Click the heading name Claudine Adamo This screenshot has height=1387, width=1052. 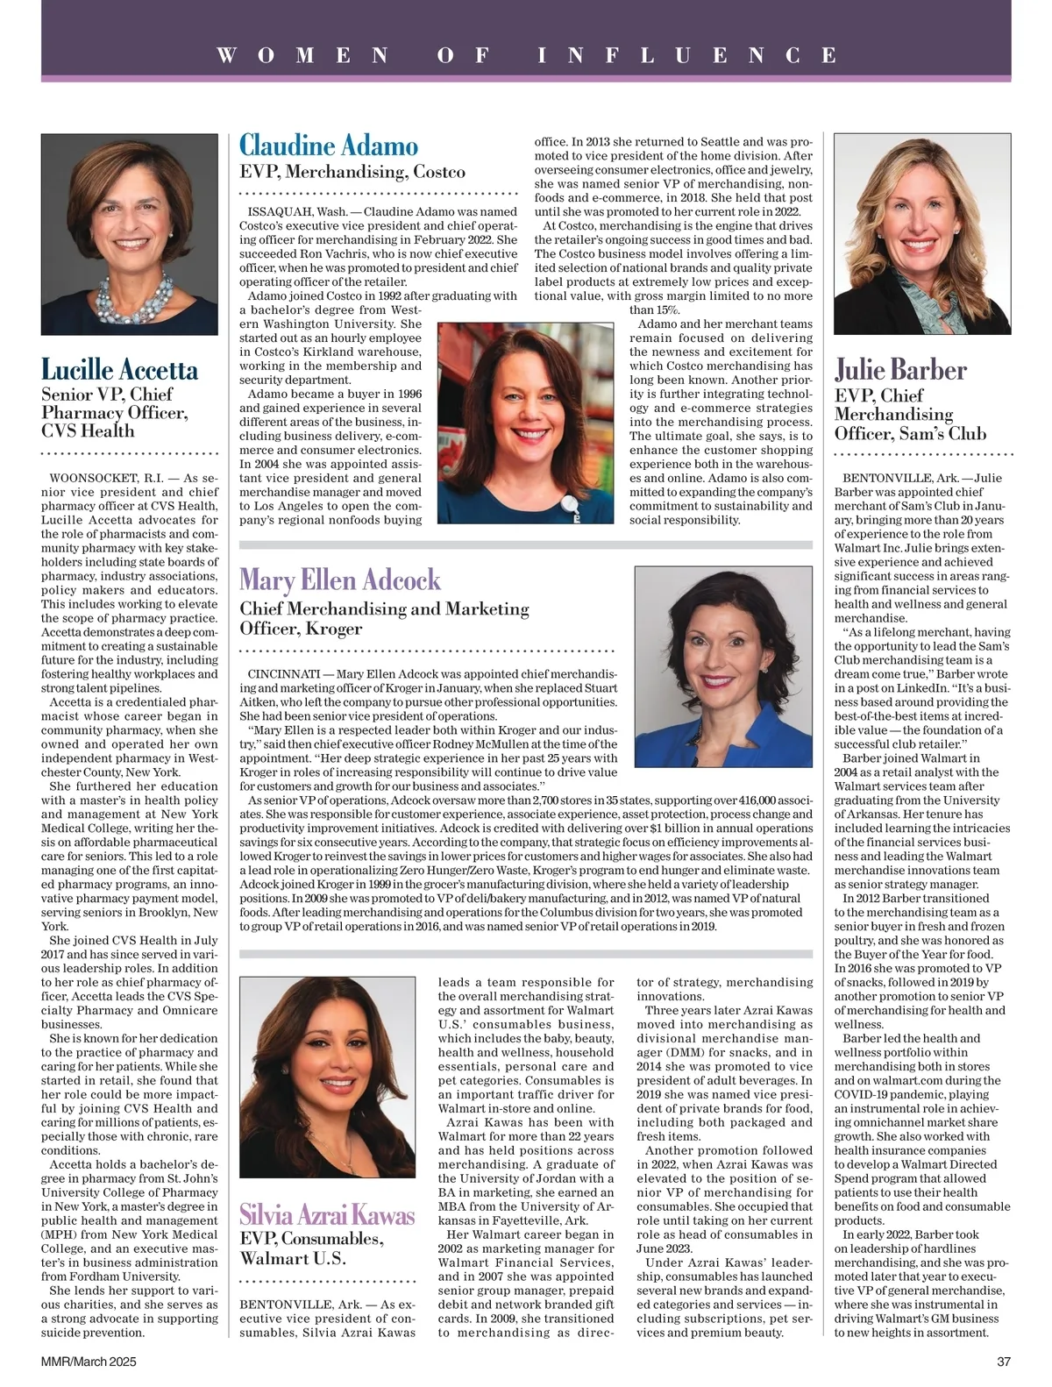click(329, 146)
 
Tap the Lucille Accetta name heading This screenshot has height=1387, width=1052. click(120, 369)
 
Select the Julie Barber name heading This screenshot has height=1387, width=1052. click(900, 370)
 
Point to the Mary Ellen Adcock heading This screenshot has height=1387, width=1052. click(340, 580)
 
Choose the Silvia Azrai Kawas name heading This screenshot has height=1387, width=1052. click(327, 1215)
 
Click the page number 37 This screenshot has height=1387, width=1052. click(1004, 1362)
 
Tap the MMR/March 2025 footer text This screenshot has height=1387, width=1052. click(89, 1362)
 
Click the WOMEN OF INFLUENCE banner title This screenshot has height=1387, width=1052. click(526, 55)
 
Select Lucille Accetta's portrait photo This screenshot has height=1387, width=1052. click(130, 234)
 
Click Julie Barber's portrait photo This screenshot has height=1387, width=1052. click(922, 234)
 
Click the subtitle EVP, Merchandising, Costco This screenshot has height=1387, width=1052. click(352, 172)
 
